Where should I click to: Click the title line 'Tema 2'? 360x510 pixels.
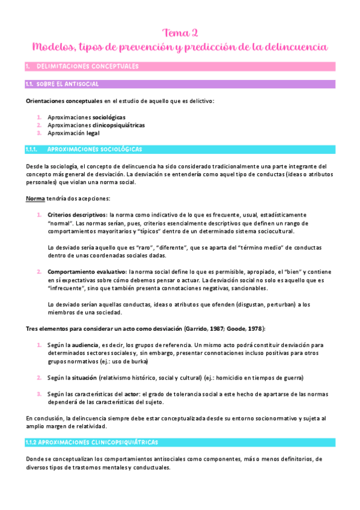[180, 32]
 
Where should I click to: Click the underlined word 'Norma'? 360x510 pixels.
[35, 198]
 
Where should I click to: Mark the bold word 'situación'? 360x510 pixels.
[91, 377]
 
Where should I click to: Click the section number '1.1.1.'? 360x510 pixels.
[32, 149]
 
